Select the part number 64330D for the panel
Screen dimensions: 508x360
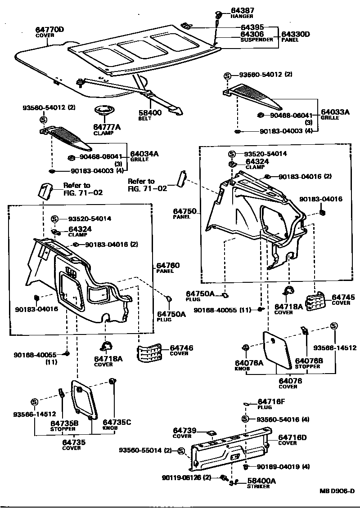296,34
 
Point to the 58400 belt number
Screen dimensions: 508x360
150,113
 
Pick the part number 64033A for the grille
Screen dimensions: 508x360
335,112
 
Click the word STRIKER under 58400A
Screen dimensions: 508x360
258,486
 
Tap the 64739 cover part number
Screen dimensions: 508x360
185,431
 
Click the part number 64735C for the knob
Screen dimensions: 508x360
117,422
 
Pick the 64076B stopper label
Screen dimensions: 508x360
308,361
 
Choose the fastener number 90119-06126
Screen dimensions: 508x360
182,477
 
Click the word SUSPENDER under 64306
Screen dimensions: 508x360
256,40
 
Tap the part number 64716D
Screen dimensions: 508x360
292,437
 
